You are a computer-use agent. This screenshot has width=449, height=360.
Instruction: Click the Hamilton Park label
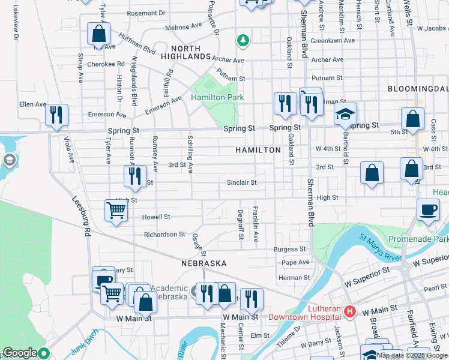[213, 97]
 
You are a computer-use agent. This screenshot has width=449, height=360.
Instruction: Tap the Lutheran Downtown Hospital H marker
[350, 312]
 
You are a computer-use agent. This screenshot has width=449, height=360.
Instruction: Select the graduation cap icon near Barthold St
[345, 114]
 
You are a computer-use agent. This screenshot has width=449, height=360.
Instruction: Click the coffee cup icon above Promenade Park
[428, 210]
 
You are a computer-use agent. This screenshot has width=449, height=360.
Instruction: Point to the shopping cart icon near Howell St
[116, 210]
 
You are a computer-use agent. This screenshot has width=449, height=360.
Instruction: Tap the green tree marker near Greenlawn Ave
[243, 40]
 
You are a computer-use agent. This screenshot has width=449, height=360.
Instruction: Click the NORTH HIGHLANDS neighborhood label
[190, 52]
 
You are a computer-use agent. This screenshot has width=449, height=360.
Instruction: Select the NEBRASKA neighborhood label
[204, 263]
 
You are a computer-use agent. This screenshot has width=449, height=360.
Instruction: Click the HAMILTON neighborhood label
[258, 150]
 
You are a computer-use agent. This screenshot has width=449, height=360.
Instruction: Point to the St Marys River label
[380, 248]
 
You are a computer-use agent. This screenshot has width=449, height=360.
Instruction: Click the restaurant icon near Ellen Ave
[57, 115]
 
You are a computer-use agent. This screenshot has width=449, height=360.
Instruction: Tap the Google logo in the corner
[20, 353]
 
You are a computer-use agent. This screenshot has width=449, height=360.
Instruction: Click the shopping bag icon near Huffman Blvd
[98, 34]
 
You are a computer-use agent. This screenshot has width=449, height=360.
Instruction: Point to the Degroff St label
[241, 223]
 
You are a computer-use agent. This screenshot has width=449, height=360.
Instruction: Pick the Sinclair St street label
[242, 182]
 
